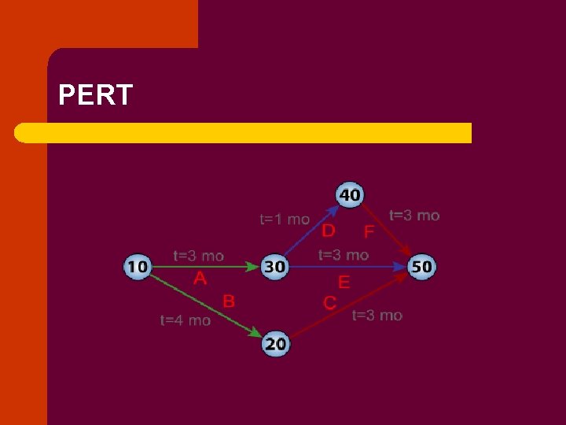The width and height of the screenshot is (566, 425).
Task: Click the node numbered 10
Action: pyautogui.click(x=138, y=267)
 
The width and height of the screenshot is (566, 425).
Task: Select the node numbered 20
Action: pyautogui.click(x=275, y=343)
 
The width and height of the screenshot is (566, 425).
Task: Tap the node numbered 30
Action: pyautogui.click(x=274, y=267)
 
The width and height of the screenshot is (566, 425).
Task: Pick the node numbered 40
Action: pyautogui.click(x=350, y=194)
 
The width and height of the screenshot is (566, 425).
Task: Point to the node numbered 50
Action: pyautogui.click(x=421, y=267)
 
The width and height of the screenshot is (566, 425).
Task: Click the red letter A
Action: pyautogui.click(x=200, y=279)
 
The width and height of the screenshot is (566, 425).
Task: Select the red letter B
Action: pyautogui.click(x=228, y=300)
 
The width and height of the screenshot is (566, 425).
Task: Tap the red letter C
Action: pyautogui.click(x=330, y=302)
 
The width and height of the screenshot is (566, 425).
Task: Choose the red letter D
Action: pyautogui.click(x=329, y=230)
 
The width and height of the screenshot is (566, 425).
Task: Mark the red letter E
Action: pyautogui.click(x=344, y=282)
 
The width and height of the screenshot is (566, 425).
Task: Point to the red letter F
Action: pyautogui.click(x=369, y=233)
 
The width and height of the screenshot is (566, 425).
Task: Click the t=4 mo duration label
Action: pyautogui.click(x=186, y=320)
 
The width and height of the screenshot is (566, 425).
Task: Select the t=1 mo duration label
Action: pyautogui.click(x=285, y=219)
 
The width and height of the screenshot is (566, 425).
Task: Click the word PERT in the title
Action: pyautogui.click(x=96, y=96)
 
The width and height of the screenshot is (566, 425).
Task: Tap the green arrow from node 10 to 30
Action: pyautogui.click(x=204, y=268)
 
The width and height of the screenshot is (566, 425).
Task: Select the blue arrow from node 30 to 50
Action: pyautogui.click(x=346, y=268)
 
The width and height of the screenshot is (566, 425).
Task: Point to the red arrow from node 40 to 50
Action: pyautogui.click(x=388, y=232)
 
